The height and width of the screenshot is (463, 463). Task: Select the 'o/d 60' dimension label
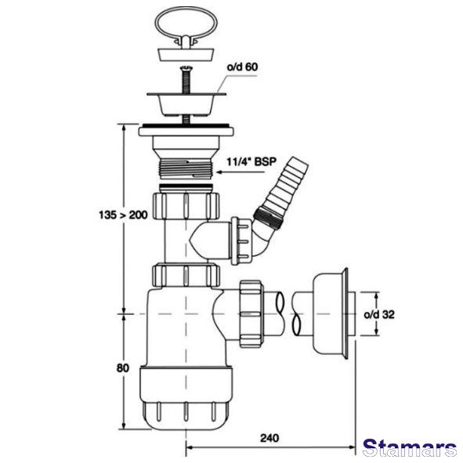tap(242, 67)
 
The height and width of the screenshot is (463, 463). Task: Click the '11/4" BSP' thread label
tap(251, 161)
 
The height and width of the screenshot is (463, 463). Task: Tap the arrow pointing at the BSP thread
tap(241, 172)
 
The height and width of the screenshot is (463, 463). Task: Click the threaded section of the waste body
tap(186, 169)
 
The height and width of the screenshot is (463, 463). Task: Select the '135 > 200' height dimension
tap(123, 215)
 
